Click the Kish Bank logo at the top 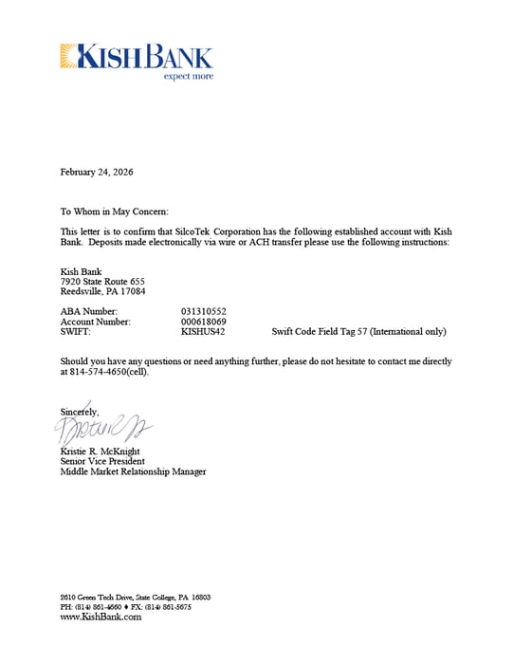tap(136, 57)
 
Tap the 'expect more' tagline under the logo tap(188, 76)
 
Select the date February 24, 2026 tap(97, 173)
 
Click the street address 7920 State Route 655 tap(102, 282)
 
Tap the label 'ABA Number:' tap(89, 311)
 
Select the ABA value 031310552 tap(203, 311)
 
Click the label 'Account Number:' tap(95, 322)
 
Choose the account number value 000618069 tap(203, 322)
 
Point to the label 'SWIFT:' tap(76, 332)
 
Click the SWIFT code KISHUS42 tap(202, 332)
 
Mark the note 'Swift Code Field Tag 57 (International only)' tap(358, 332)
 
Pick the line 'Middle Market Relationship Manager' tap(133, 471)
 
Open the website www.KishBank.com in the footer tap(101, 617)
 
